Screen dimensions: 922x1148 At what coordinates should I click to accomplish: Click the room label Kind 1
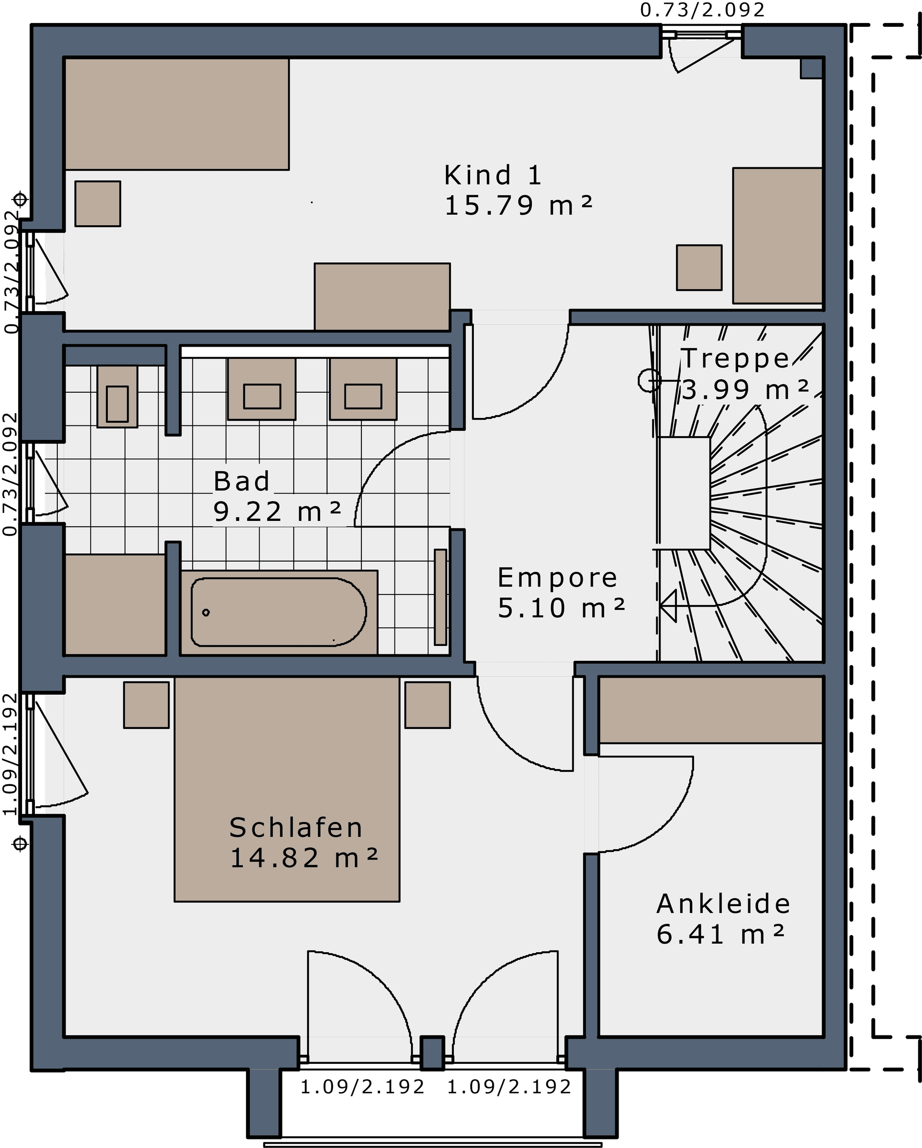[493, 175]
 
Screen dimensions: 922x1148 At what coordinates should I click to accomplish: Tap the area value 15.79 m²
[518, 205]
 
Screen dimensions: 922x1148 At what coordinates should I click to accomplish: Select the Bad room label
[242, 481]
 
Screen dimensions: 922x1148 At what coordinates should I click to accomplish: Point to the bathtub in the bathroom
[279, 612]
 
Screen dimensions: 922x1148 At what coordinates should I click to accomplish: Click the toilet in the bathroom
[117, 396]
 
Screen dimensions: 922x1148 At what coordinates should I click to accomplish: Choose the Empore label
[557, 578]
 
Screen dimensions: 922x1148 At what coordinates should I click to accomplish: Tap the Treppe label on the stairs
[735, 358]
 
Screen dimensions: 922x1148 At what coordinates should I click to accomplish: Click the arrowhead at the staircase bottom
[668, 606]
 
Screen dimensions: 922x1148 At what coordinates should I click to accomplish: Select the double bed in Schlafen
[287, 789]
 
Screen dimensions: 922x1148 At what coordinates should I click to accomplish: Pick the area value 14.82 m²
[304, 858]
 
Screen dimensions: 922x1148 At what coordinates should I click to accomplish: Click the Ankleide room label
[723, 904]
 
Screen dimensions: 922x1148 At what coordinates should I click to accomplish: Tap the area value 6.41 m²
[720, 934]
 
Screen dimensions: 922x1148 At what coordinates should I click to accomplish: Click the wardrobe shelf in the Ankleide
[711, 710]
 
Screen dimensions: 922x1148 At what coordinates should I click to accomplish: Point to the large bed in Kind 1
[177, 114]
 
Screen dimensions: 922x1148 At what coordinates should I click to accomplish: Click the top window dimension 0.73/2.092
[702, 10]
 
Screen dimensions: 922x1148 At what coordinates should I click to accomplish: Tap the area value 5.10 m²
[561, 608]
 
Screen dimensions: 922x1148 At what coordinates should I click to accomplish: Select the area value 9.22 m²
[277, 512]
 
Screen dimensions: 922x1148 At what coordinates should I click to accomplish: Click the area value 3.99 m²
[745, 390]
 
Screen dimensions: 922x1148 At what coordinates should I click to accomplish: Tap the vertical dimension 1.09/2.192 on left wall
[10, 754]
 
